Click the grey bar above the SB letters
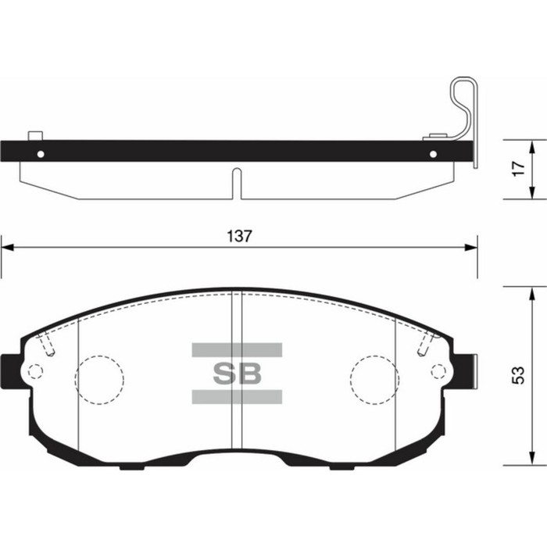click(237, 349)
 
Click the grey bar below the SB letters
click(237, 397)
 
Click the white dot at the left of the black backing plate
click(41, 152)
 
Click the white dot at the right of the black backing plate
click(432, 152)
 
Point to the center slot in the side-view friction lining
click(237, 182)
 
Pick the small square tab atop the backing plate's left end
click(34, 136)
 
